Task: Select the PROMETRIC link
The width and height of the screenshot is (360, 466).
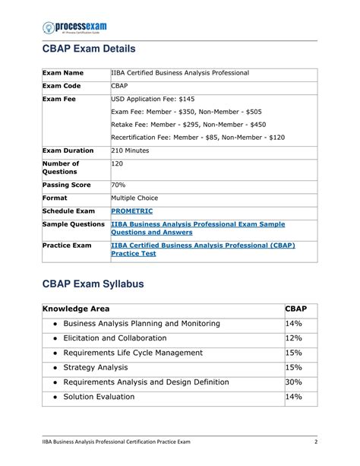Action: [x=131, y=211]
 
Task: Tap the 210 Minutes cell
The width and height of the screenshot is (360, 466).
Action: [x=131, y=151]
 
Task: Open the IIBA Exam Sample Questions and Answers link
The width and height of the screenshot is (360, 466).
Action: [x=197, y=229]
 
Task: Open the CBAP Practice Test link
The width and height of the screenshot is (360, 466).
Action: [x=202, y=249]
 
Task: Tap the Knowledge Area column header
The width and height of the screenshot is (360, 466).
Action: [x=76, y=309]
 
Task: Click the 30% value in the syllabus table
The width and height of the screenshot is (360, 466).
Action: [x=293, y=382]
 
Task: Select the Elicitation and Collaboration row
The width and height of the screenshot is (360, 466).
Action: [x=115, y=338]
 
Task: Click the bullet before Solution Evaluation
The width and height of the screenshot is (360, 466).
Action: [x=57, y=398]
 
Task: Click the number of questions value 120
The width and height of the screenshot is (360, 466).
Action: [x=118, y=164]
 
